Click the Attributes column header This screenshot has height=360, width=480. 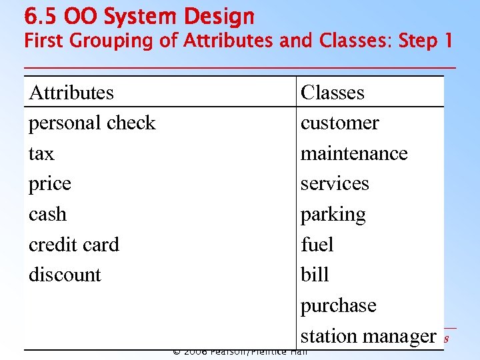point(71,92)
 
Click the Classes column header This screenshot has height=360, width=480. point(333,92)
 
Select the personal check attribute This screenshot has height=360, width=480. point(92,123)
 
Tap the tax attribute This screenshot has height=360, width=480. point(41,153)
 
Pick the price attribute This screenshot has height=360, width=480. point(50,184)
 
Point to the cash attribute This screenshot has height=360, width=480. point(48,214)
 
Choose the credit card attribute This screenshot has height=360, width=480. point(74,245)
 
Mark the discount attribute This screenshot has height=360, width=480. point(65,275)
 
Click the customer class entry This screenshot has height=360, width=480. point(339,123)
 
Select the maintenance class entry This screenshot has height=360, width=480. point(354,153)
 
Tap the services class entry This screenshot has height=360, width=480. point(335,183)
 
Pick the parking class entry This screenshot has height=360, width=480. point(333,215)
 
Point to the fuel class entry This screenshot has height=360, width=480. point(317,245)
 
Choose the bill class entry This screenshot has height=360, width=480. point(315,275)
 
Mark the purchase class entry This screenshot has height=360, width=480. point(339,305)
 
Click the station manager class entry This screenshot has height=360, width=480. point(368,336)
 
